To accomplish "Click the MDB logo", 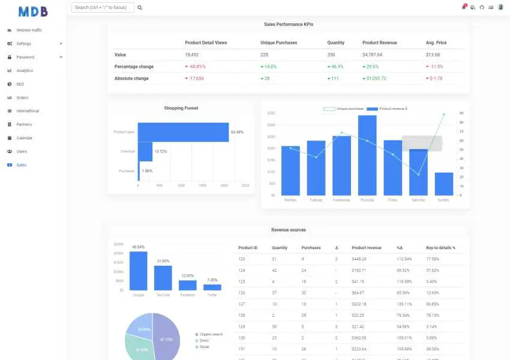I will [33, 11].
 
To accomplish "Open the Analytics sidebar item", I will [25, 71].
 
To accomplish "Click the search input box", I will [103, 8].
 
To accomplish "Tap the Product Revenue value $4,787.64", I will [373, 55].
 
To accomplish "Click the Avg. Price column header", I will [436, 43].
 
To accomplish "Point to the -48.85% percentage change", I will [195, 67].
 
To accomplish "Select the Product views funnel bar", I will [184, 132].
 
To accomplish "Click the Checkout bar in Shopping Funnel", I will [145, 151].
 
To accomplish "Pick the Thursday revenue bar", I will [367, 155].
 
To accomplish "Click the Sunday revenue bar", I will [444, 184].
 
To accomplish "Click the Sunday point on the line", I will [444, 114].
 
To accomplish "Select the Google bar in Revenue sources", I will [139, 271].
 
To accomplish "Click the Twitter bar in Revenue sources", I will [212, 287].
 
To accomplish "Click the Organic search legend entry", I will [210, 334].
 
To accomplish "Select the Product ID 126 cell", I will [242, 292].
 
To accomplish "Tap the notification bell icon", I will [464, 7].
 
